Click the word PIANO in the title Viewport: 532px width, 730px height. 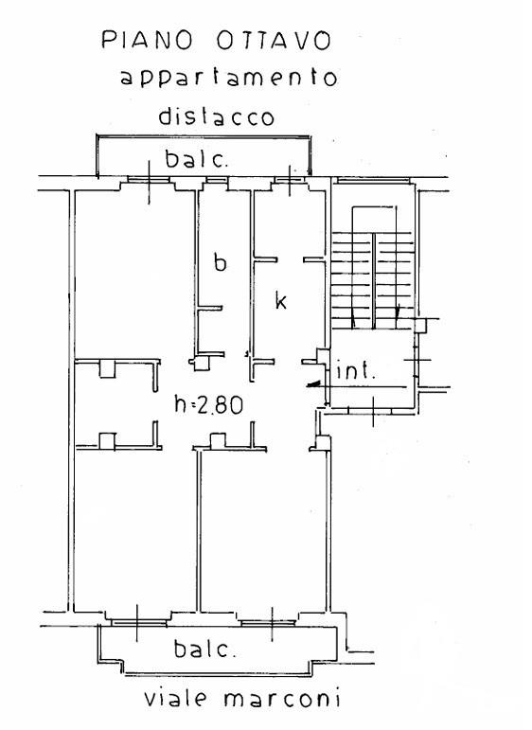pyautogui.click(x=147, y=40)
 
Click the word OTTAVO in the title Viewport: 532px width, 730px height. pyautogui.click(x=275, y=41)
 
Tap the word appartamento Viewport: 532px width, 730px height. pyautogui.click(x=228, y=79)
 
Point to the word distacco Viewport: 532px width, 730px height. pyautogui.click(x=217, y=116)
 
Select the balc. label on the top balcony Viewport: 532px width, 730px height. pyautogui.click(x=197, y=159)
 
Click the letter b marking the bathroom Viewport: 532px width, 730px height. pyautogui.click(x=221, y=261)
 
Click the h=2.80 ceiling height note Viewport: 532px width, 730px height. pyautogui.click(x=208, y=404)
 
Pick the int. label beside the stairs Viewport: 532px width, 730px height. pyautogui.click(x=355, y=370)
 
